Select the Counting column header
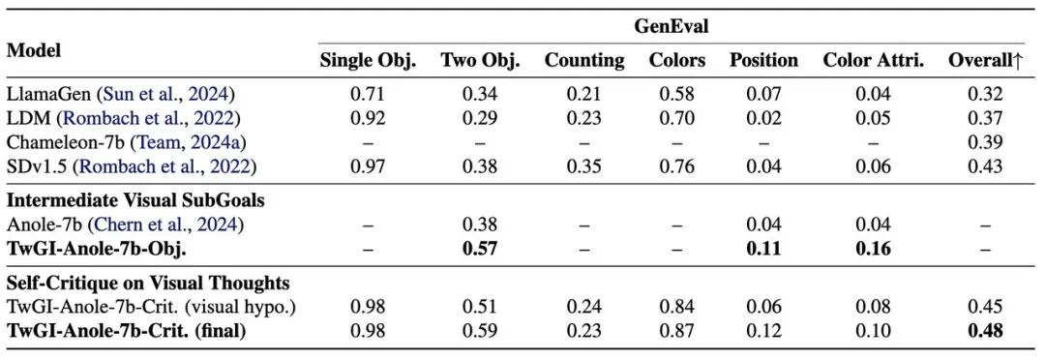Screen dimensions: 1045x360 pos(584,61)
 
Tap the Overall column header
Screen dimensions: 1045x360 pos(986,61)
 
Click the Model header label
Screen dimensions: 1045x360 pos(34,50)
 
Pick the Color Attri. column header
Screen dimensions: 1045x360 pos(874,61)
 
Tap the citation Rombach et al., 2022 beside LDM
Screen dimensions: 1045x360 pos(150,118)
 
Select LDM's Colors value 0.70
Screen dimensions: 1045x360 pos(677,118)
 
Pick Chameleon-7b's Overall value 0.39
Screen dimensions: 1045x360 pos(986,142)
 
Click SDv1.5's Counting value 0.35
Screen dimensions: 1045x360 pos(584,166)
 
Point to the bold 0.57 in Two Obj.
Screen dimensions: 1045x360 pos(480,249)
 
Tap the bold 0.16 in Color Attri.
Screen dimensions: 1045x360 pos(874,249)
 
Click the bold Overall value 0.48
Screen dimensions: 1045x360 pos(986,331)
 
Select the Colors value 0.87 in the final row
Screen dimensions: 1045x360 pos(677,331)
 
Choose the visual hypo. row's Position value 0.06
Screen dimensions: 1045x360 pos(763,307)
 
